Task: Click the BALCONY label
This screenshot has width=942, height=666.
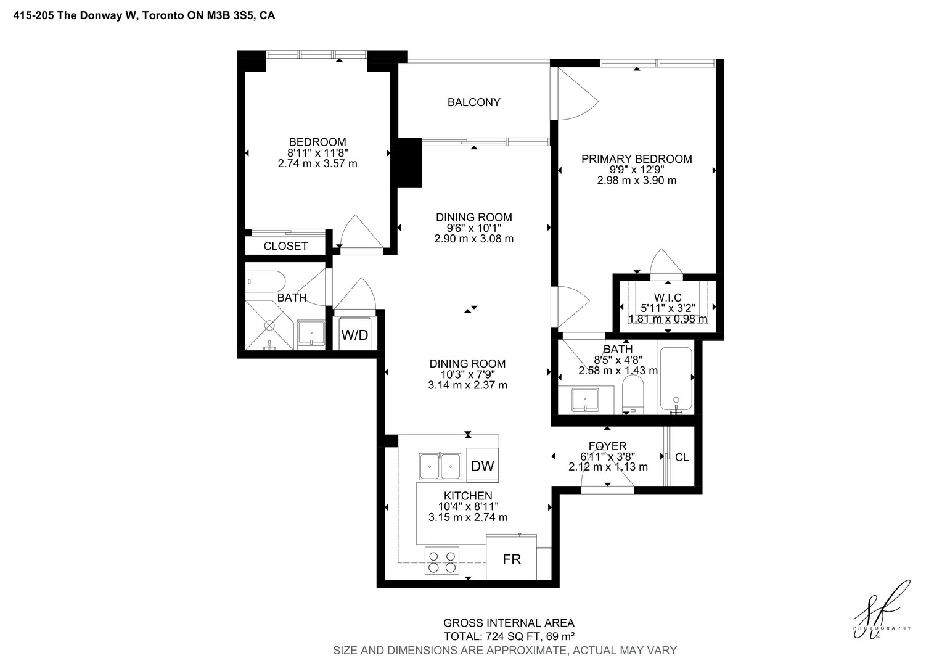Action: pyautogui.click(x=473, y=102)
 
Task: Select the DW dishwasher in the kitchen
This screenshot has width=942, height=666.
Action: pyautogui.click(x=482, y=466)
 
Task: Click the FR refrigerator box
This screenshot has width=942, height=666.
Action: pyautogui.click(x=511, y=558)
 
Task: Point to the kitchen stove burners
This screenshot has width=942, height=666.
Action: pyautogui.click(x=441, y=561)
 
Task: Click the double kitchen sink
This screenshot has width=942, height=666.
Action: pyautogui.click(x=440, y=466)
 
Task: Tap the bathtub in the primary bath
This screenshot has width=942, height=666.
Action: pyautogui.click(x=676, y=379)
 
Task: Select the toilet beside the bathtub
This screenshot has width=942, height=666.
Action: pyautogui.click(x=633, y=394)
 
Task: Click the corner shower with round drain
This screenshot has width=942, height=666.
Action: pyautogui.click(x=269, y=325)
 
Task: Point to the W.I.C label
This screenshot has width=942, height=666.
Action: pyautogui.click(x=668, y=297)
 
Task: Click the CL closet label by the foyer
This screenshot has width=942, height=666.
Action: pyautogui.click(x=682, y=457)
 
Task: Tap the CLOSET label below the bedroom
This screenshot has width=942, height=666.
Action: pyautogui.click(x=285, y=246)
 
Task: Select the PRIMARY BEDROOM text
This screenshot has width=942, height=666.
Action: pyautogui.click(x=636, y=159)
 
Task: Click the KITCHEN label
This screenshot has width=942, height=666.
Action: pyautogui.click(x=468, y=496)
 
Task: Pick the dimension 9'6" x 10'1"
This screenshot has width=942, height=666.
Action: pyautogui.click(x=474, y=228)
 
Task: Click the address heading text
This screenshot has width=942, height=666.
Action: pyautogui.click(x=144, y=15)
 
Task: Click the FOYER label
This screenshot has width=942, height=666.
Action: pyautogui.click(x=608, y=446)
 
